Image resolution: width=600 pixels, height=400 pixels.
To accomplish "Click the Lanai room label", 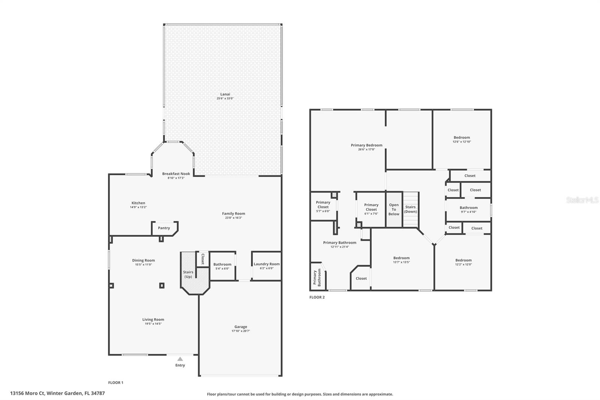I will [x=225, y=94].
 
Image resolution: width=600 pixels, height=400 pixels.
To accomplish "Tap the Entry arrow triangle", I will [x=180, y=359].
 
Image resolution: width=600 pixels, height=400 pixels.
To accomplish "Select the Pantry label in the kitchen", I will [x=164, y=228].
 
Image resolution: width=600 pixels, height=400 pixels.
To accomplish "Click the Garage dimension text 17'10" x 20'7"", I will [x=240, y=331].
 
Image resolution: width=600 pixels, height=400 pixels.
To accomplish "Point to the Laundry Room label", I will [x=267, y=264].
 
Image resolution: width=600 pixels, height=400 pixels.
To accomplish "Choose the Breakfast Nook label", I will [x=176, y=174].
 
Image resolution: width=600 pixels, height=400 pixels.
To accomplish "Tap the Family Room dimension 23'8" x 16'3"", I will [x=233, y=218].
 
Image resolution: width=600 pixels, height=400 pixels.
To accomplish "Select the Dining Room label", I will [x=143, y=260].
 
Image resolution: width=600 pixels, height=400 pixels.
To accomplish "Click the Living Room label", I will [x=153, y=319].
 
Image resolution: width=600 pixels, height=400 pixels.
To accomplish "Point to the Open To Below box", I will [x=394, y=209].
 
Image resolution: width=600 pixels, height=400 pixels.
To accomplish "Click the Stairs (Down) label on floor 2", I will [x=410, y=209].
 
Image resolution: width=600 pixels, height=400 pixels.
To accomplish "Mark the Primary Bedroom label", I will [x=366, y=145].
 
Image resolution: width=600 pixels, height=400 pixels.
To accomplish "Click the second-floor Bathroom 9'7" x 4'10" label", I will [x=468, y=208].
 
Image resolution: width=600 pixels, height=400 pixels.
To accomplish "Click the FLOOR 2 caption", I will [x=317, y=297].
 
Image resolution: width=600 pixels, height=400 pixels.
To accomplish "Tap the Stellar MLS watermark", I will [x=582, y=200].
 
